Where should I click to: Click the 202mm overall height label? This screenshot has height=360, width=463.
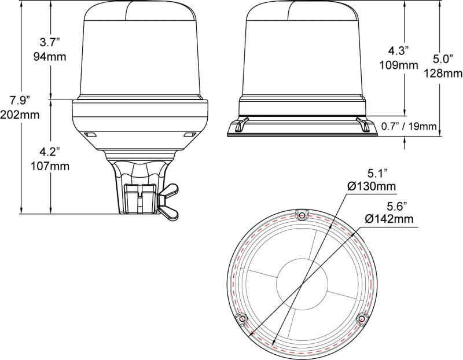point(20,115)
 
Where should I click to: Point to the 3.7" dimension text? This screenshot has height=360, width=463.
point(51,42)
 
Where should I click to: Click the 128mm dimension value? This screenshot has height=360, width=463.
point(443,73)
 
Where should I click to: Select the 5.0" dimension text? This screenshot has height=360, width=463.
point(443,59)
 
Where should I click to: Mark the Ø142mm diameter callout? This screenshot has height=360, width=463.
point(389,218)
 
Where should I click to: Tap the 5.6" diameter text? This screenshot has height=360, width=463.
point(397,205)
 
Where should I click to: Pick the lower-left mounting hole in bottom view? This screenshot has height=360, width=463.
point(242,319)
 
